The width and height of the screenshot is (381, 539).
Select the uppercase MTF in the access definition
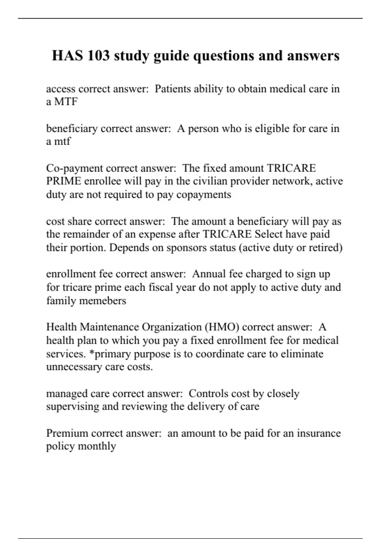pyautogui.click(x=66, y=102)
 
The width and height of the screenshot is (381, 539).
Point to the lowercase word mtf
pyautogui.click(x=62, y=141)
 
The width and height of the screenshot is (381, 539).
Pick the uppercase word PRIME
pyautogui.click(x=63, y=181)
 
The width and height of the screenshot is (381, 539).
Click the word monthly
pyautogui.click(x=97, y=446)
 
